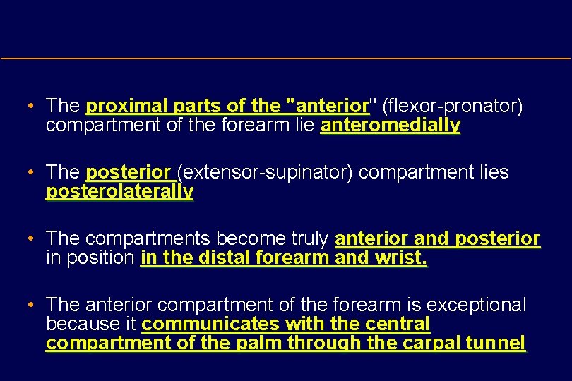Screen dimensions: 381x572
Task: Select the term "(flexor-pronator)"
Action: point(452,107)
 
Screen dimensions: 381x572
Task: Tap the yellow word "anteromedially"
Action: point(391,126)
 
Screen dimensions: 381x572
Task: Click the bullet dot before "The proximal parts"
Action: point(32,107)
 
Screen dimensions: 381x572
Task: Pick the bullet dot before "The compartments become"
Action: point(32,239)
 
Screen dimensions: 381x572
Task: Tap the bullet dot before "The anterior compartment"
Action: point(32,306)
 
